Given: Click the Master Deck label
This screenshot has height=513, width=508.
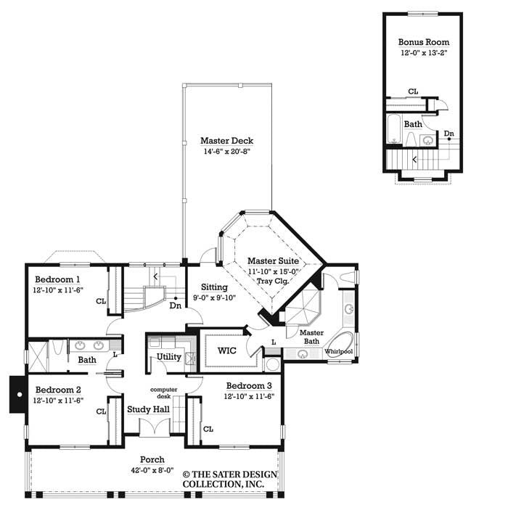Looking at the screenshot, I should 227,141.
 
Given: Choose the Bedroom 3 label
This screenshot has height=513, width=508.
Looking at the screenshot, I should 250,385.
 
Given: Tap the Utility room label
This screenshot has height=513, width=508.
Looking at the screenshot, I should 169,357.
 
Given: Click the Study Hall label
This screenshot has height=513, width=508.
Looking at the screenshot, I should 148,409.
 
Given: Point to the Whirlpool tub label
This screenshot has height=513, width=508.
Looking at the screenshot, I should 337,351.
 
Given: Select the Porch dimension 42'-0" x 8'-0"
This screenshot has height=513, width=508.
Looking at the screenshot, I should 152,469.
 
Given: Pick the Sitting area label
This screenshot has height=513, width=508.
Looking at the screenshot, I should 205,267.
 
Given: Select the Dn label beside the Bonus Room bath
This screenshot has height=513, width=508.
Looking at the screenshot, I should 449,134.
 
